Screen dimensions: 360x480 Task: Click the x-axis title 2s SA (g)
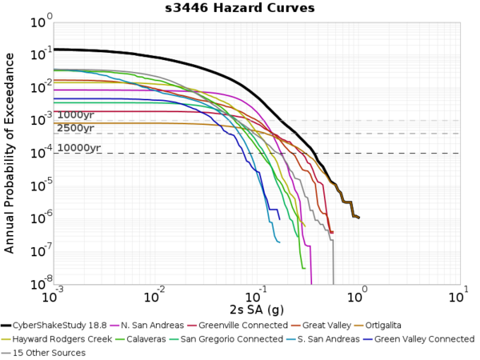pos(254,308)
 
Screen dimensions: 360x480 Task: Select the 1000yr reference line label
pos(76,115)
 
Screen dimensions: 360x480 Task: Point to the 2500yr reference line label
pos(76,128)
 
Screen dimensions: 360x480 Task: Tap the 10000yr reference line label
pos(79,148)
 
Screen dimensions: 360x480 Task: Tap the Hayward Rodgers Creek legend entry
pos(71,339)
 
